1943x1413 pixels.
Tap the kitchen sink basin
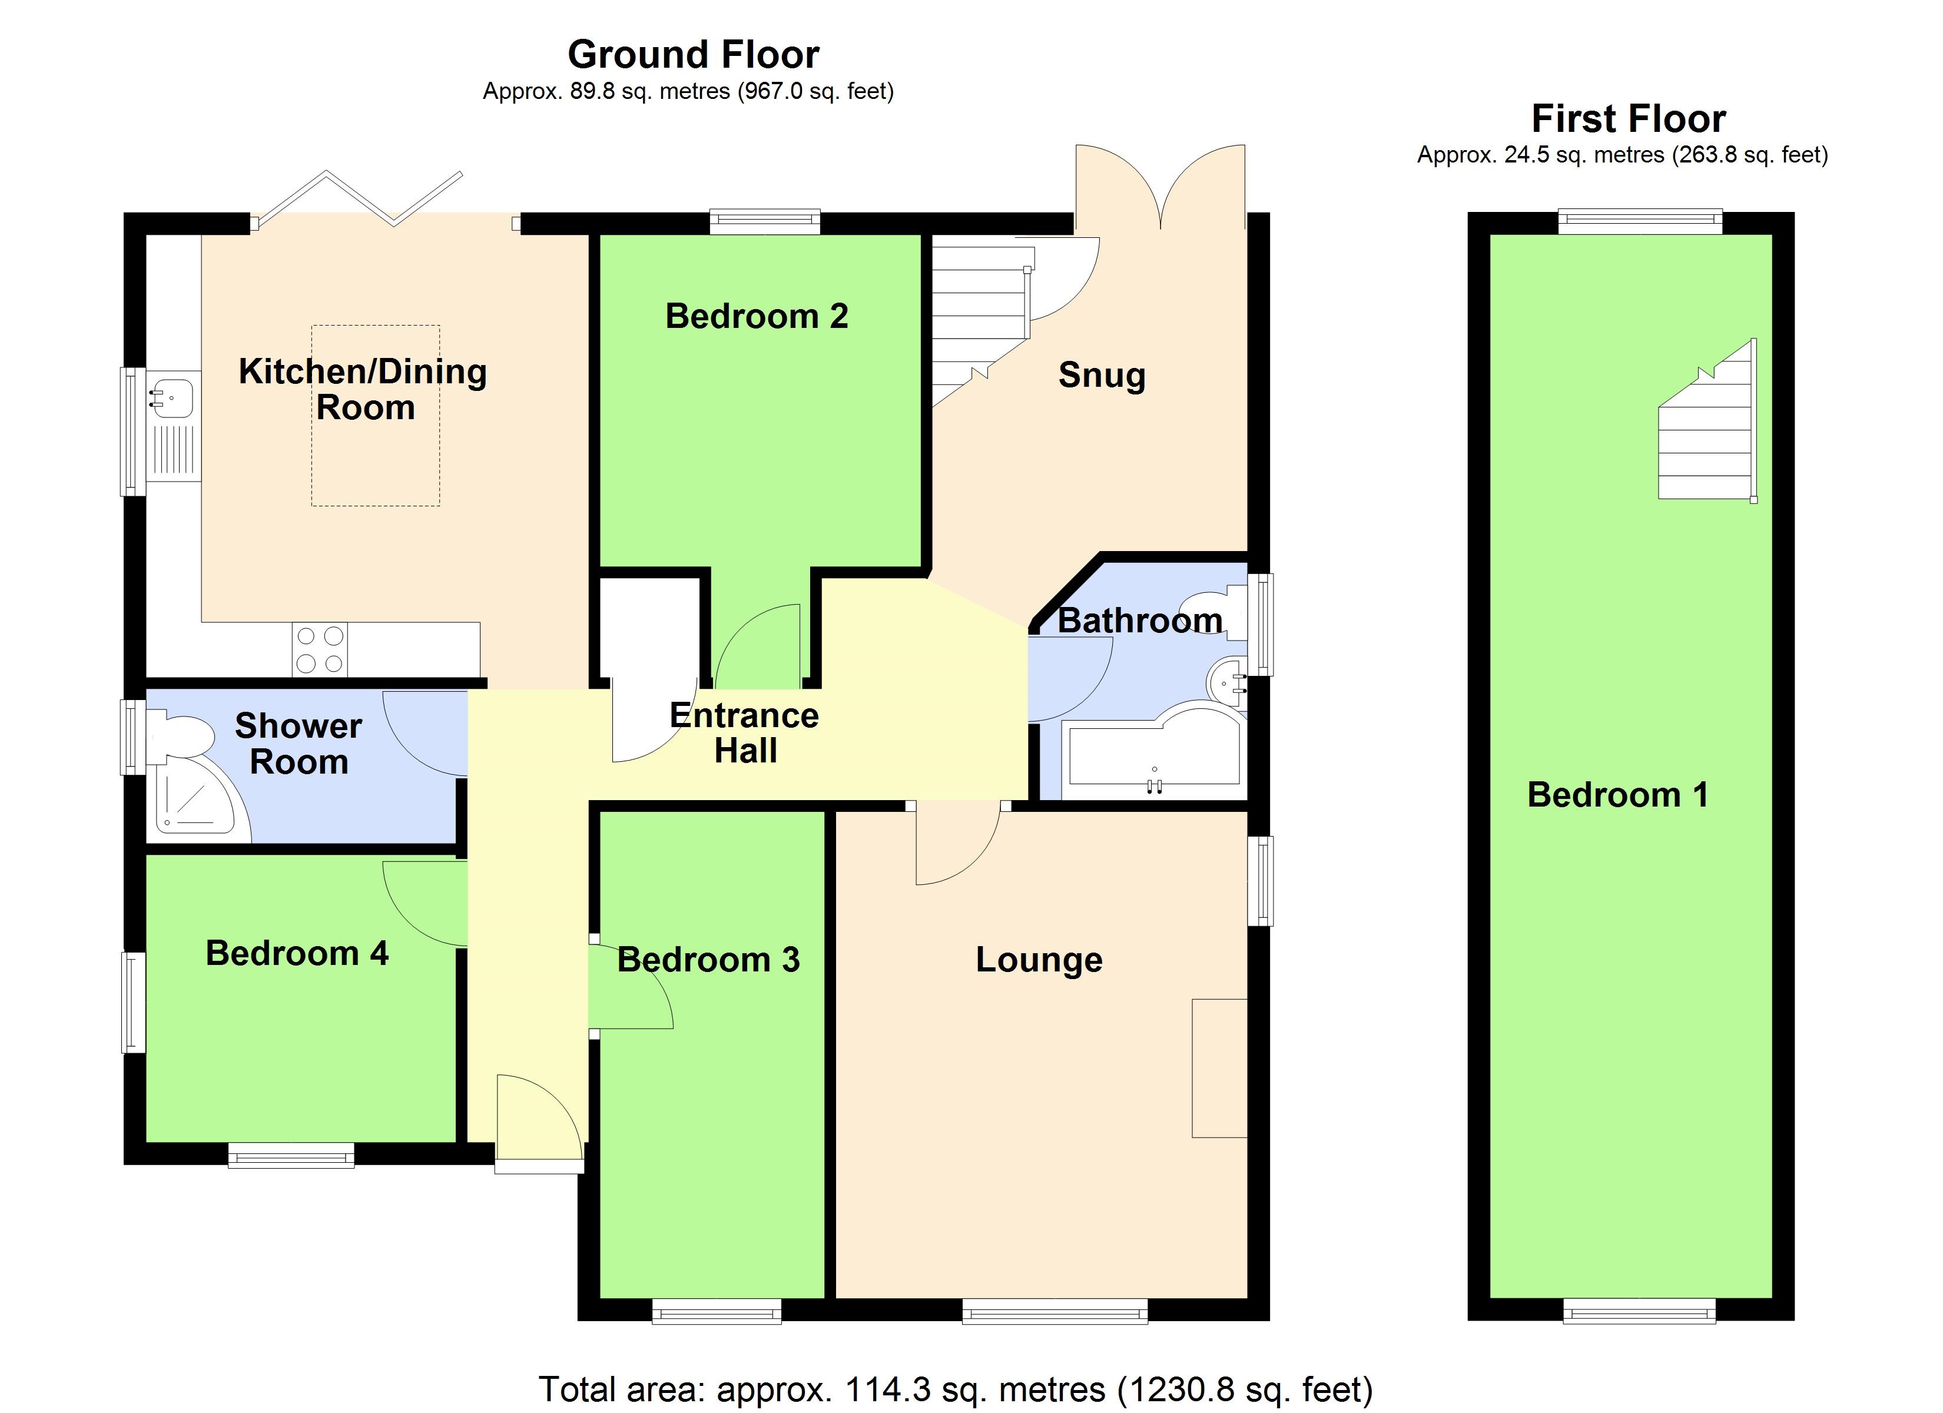pos(171,397)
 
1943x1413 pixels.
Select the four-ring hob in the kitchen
pos(320,649)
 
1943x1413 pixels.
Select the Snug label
pos(1101,375)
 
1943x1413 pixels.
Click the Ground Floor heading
pos(692,55)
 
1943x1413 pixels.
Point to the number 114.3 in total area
pos(887,1388)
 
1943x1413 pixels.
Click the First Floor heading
pos(1628,118)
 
